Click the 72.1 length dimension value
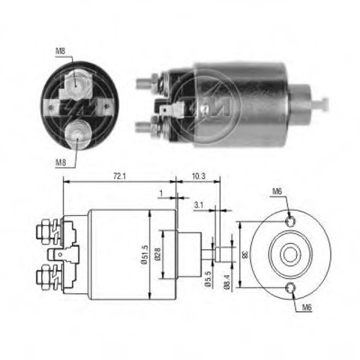(119, 176)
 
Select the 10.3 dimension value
(199, 176)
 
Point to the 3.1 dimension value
(199, 205)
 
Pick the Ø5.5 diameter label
(208, 278)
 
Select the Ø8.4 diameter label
(227, 282)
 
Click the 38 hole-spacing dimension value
(245, 255)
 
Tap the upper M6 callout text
(277, 191)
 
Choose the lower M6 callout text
(307, 307)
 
